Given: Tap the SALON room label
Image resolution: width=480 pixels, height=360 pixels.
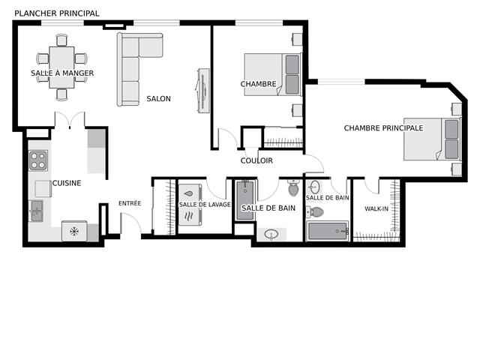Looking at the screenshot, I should [158, 99].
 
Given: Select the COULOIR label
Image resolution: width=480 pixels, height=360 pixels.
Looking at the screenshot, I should [256, 160].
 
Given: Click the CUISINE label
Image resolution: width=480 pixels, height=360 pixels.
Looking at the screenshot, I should [66, 183].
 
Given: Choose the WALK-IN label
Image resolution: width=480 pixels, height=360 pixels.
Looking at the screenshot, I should [377, 208].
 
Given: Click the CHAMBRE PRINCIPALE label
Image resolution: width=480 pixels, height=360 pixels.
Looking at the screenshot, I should [383, 128].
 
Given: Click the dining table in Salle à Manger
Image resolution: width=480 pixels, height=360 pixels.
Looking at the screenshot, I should [61, 67].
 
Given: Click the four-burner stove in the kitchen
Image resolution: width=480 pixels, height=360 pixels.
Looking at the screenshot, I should [37, 160].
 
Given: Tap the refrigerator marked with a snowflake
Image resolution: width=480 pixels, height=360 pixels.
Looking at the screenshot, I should [74, 232].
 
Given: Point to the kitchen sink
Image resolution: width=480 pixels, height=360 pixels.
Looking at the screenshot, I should [36, 211].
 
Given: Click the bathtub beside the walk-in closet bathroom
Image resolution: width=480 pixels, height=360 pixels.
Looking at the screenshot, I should [328, 232].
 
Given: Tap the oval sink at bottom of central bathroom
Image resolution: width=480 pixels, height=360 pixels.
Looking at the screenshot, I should [271, 235].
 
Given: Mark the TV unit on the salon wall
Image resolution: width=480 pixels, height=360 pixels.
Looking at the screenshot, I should [202, 91].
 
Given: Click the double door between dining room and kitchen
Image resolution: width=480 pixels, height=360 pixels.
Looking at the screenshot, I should [69, 121].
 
